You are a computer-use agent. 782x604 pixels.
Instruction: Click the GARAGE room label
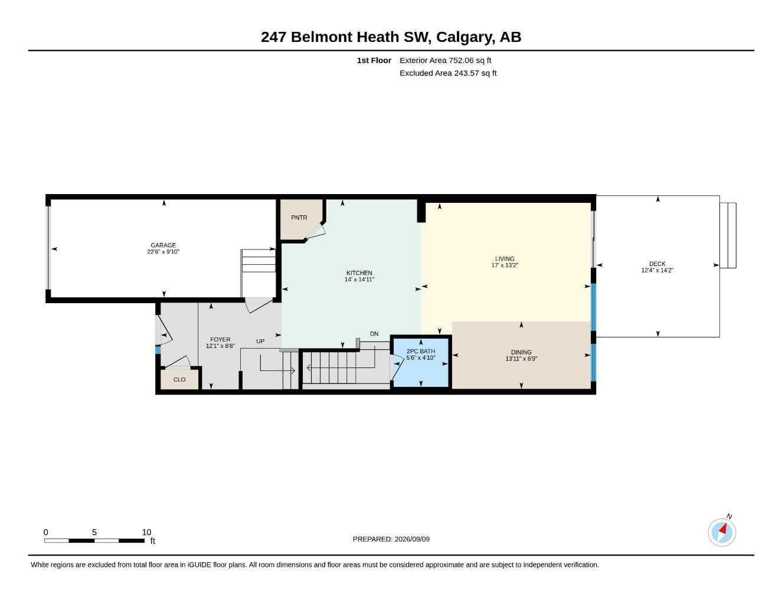click(163, 245)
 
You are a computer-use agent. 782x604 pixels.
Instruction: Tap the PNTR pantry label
click(299, 218)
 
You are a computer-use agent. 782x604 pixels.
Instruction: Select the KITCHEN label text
click(359, 273)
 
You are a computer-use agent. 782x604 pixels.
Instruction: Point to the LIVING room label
click(505, 258)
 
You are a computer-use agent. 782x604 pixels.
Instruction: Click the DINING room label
click(521, 352)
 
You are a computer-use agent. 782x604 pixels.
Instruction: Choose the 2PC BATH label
click(421, 351)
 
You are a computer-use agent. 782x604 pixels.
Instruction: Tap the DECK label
click(657, 264)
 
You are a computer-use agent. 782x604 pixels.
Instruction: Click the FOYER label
click(220, 339)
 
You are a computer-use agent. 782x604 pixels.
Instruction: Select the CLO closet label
click(179, 380)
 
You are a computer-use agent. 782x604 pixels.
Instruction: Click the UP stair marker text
click(260, 341)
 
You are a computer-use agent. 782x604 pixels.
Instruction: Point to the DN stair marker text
click(374, 334)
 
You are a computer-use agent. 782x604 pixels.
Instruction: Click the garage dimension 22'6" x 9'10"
click(163, 252)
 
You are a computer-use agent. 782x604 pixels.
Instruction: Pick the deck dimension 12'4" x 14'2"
click(657, 270)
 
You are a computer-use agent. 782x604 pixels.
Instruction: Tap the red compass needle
click(723, 529)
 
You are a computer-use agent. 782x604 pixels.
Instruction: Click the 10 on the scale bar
click(146, 532)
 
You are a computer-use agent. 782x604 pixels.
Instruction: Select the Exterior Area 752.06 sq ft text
click(445, 60)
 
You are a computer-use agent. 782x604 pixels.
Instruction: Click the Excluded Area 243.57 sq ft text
click(448, 73)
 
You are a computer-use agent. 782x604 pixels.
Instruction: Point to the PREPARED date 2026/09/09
click(412, 539)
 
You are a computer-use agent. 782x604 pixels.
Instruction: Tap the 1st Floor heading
click(374, 60)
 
